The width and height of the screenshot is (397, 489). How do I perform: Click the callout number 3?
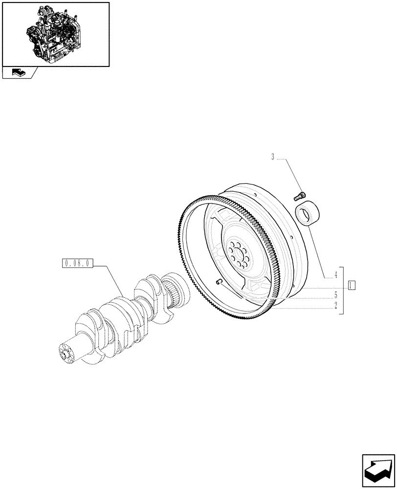click(273, 157)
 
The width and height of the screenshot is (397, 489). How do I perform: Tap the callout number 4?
click(335, 275)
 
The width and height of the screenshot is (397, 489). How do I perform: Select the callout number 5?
click(335, 295)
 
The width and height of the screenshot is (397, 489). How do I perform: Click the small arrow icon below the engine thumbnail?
click(18, 73)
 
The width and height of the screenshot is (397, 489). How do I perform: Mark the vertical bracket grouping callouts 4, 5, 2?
click(345, 290)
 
